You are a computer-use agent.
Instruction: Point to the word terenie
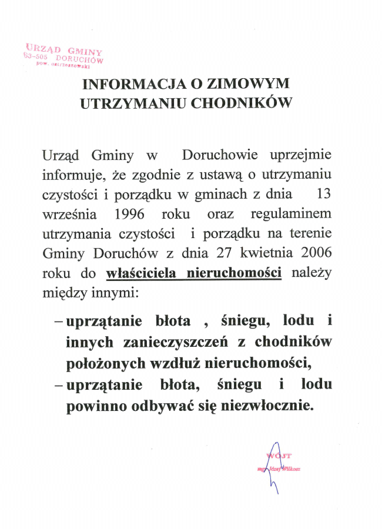311,233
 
